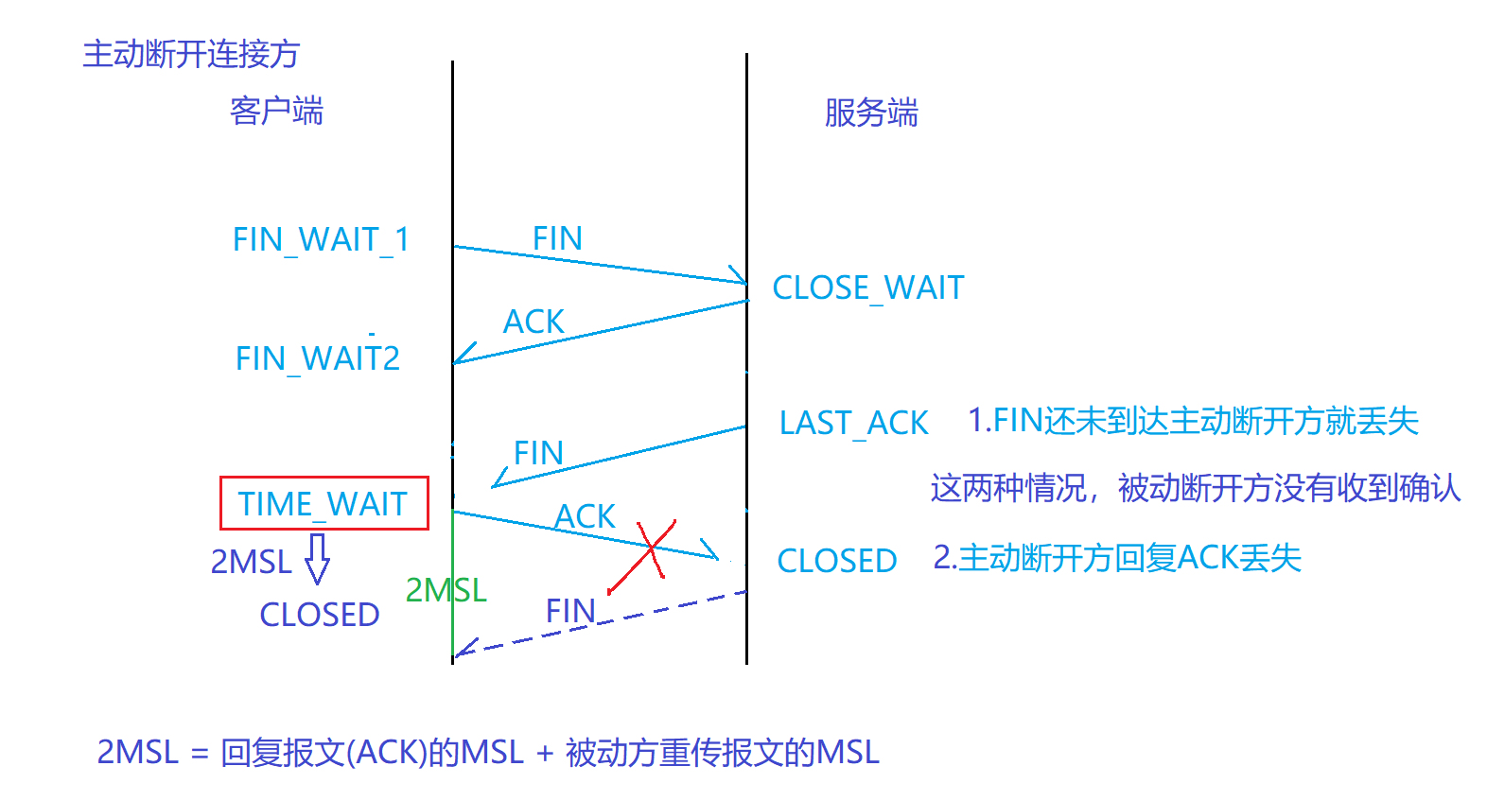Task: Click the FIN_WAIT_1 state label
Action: (321, 240)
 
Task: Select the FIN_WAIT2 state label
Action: (318, 359)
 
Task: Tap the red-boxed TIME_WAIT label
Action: (324, 504)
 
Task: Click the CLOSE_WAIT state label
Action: (868, 287)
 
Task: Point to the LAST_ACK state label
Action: (853, 423)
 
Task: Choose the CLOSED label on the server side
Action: (836, 561)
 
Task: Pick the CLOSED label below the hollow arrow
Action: (320, 615)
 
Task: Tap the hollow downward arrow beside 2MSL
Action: (318, 559)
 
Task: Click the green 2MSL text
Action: (446, 590)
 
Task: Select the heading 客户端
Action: (276, 112)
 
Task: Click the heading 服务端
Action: (871, 113)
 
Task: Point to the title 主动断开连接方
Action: (191, 54)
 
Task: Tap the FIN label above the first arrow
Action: (557, 238)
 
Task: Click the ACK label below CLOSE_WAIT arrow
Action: (534, 322)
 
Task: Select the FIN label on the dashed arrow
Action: (570, 611)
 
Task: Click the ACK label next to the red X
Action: (585, 516)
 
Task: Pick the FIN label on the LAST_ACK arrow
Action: (538, 453)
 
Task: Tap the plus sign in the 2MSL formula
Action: (545, 753)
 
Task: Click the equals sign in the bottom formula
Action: (199, 754)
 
